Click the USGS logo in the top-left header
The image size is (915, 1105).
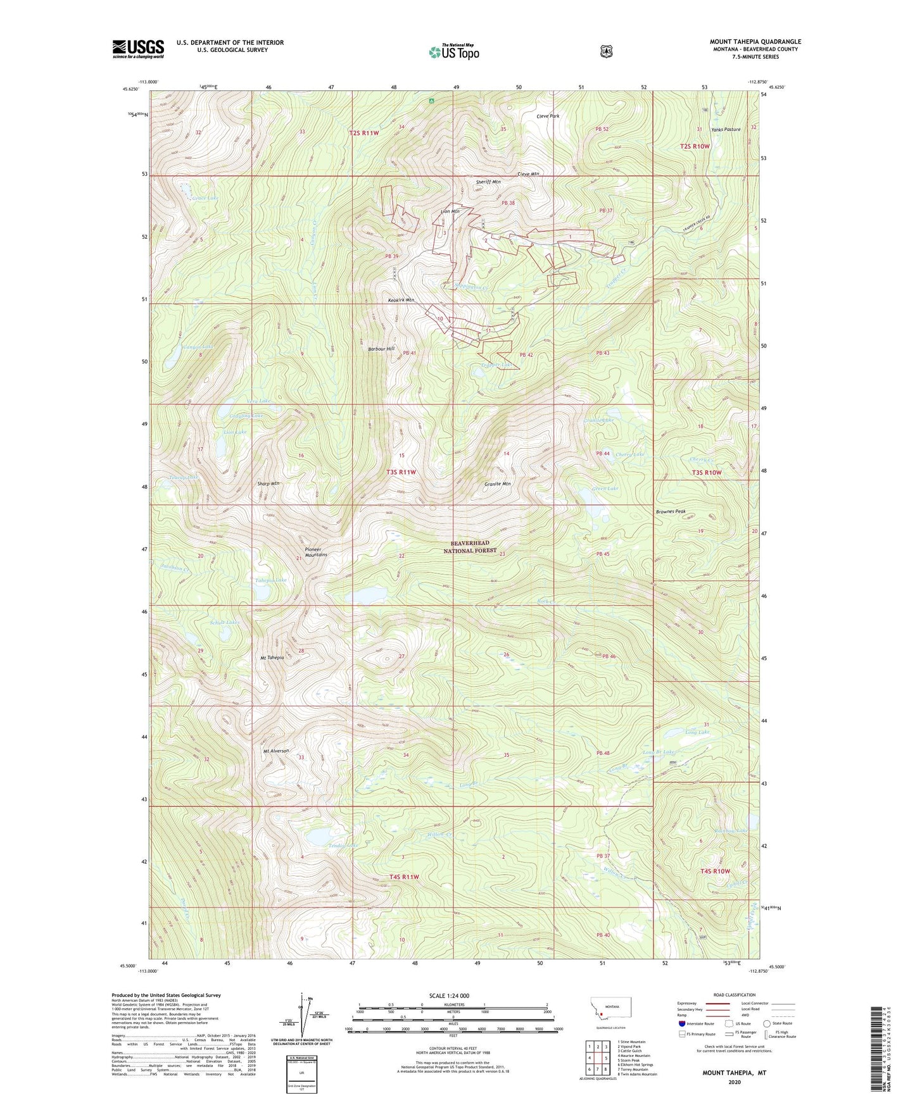tap(138, 49)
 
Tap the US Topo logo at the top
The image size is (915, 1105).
tap(453, 52)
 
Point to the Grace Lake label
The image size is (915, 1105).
tap(203, 198)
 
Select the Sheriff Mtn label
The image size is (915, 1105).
tap(488, 182)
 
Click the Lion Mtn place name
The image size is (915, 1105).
tap(450, 211)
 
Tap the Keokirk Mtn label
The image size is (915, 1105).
tap(401, 300)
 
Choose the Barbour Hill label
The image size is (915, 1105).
tap(381, 349)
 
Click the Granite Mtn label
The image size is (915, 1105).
tap(497, 484)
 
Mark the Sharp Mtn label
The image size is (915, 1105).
tap(268, 484)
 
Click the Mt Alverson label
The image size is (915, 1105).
tap(275, 751)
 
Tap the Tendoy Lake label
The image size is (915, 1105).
tap(343, 845)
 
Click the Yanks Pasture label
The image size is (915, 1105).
tap(725, 129)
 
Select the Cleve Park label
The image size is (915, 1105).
tap(548, 116)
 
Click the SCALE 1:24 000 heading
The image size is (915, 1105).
tap(449, 996)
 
